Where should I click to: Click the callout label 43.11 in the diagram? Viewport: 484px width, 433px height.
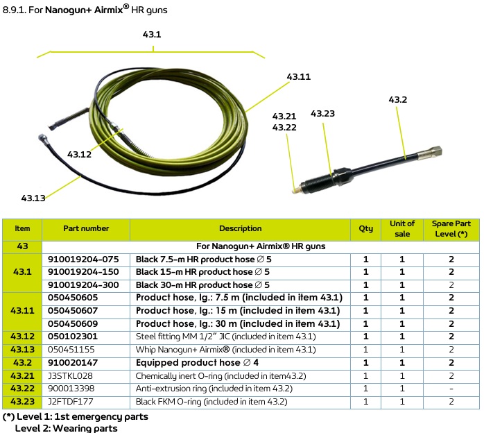point(298,76)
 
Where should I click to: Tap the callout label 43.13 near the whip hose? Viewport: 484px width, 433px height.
point(33,198)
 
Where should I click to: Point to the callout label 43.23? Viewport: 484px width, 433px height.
point(322,114)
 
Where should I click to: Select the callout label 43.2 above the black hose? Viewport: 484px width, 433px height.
point(397,100)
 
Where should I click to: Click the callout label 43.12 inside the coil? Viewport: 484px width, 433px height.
point(79,154)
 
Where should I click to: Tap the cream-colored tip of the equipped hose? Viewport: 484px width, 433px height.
point(295,190)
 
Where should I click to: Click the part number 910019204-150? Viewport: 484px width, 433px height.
point(83,272)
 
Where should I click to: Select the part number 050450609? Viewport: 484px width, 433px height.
point(73,323)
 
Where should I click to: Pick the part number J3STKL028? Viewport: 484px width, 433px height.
point(70,376)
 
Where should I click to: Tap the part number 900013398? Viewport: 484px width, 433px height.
point(71,389)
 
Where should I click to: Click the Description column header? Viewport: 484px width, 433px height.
point(240,228)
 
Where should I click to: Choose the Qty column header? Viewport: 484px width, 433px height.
point(365,228)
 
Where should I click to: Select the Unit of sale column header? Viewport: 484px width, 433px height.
point(402,228)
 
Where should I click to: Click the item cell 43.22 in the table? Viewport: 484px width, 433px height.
point(22,389)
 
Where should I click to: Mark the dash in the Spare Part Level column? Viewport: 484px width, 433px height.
point(451,389)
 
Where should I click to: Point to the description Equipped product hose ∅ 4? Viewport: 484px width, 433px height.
point(197,363)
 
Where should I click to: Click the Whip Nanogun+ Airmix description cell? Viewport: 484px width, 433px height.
point(225,350)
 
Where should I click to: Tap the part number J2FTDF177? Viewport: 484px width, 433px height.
point(70,402)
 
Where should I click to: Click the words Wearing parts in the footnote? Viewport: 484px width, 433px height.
point(85,428)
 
